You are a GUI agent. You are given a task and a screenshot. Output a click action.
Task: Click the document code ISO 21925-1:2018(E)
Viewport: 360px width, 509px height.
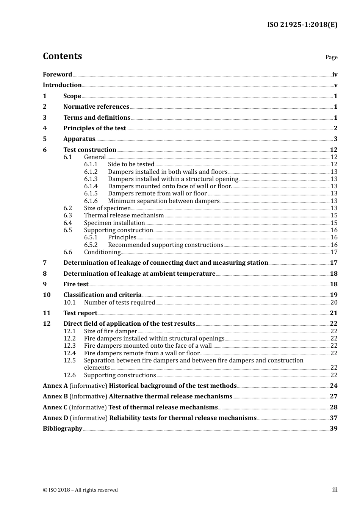pos(302,25)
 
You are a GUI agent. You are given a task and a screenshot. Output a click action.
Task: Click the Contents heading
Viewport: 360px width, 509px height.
pos(62,56)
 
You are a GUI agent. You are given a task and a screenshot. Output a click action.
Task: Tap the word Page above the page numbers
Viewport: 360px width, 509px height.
pos(331,57)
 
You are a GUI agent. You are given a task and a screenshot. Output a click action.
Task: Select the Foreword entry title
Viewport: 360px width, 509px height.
pos(57,74)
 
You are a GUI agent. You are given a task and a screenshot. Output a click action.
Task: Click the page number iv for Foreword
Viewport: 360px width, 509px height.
pos(335,75)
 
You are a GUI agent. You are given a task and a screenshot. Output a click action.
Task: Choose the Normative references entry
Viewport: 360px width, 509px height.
pos(96,107)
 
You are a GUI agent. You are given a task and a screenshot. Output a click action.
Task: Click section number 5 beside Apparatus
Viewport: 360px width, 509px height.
pos(45,139)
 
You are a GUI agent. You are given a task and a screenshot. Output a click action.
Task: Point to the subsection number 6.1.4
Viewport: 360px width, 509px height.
pos(91,186)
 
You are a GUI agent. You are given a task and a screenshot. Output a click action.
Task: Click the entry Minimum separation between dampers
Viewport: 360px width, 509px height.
pos(164,201)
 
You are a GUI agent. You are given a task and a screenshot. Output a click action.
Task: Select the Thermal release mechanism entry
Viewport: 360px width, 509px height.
pos(124,215)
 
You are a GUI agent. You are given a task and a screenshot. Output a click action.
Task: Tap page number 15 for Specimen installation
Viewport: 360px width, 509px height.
pos(334,223)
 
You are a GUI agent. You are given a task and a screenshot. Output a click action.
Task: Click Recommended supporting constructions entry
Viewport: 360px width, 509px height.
pos(166,245)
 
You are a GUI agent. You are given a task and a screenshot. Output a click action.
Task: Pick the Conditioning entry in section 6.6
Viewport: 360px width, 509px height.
pos(102,252)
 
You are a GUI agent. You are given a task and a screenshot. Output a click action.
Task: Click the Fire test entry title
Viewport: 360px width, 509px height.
pos(76,284)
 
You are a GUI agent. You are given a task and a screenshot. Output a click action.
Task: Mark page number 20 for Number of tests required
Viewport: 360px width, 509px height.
pos(334,303)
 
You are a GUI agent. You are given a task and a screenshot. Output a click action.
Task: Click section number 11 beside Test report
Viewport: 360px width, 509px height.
pos(47,313)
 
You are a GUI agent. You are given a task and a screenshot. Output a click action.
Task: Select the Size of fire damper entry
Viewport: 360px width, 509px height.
pos(110,331)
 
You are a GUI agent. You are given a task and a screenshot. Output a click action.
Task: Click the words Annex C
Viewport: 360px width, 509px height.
pos(55,408)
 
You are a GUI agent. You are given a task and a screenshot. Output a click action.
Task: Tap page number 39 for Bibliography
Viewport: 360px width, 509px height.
pos(333,429)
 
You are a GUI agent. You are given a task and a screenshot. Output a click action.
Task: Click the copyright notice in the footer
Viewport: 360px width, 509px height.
pos(80,490)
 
